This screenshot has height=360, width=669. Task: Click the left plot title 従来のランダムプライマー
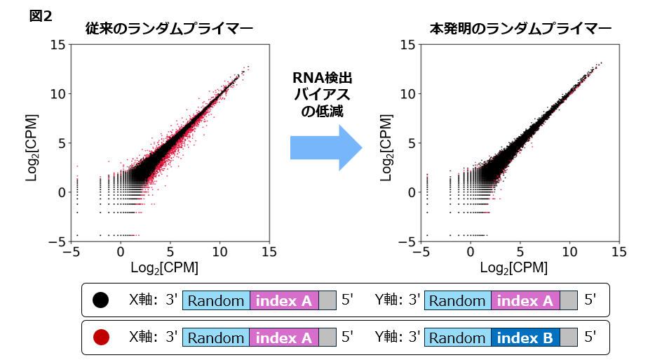coord(169,29)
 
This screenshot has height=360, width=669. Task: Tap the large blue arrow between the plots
coord(326,147)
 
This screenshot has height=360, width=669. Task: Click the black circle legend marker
coord(100,300)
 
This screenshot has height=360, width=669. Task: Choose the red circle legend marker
coord(100,338)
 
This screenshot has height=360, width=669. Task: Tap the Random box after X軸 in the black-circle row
coord(215,300)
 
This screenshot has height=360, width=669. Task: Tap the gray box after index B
coord(569,338)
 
